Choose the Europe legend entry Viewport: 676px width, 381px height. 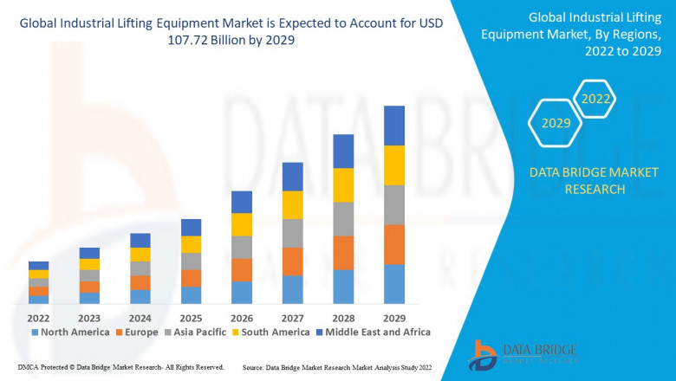137,332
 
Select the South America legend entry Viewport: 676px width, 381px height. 271,332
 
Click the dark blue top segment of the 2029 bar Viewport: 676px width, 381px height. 394,126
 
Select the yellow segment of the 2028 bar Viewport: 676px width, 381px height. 343,185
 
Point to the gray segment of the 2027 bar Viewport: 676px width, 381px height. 293,233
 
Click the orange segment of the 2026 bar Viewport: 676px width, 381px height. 242,269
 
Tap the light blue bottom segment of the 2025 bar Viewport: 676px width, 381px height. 191,294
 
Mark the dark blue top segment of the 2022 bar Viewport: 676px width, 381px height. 38,265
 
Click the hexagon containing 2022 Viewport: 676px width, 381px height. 596,99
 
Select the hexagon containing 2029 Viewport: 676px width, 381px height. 556,124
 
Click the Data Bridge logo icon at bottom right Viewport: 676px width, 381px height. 482,355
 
